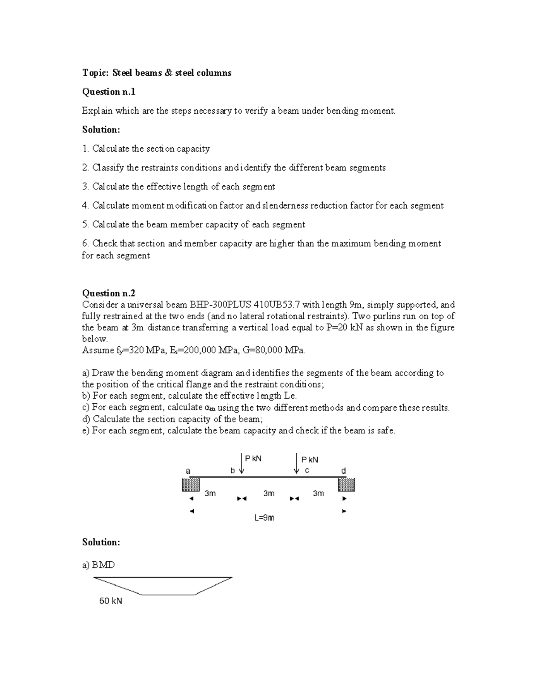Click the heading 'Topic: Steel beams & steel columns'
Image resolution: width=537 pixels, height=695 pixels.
pos(157,73)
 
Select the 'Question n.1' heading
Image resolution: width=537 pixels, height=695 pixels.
pos(108,92)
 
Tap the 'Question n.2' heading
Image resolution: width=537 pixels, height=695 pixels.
pos(108,293)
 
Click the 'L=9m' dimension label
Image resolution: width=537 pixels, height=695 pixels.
pos(264,518)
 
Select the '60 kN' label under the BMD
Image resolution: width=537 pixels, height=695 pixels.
pos(111,601)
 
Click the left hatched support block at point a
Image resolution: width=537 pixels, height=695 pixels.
pos(190,485)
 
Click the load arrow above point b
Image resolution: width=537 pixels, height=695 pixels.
pos(242,463)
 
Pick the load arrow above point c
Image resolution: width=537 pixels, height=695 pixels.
pos(296,463)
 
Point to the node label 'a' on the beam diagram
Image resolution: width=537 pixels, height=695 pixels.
pos(188,471)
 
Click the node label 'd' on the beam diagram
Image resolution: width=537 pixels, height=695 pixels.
pos(343,471)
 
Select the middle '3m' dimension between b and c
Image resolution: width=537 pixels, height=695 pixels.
pos(268,493)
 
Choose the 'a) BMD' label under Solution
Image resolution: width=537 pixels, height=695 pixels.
pos(98,565)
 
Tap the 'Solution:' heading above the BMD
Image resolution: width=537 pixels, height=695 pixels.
pos(101,542)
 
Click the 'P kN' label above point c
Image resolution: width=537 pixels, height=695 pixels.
pos(310,460)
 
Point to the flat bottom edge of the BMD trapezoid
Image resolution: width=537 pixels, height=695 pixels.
pos(168,595)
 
